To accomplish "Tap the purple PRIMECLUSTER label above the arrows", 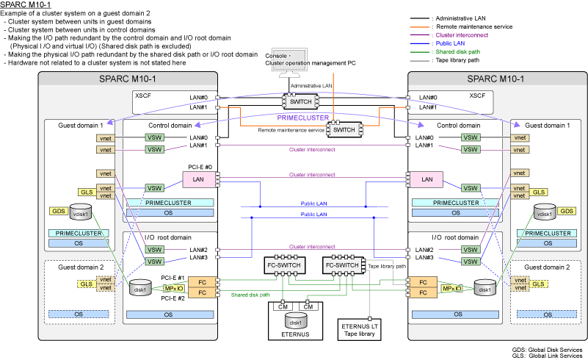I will coord(301,117).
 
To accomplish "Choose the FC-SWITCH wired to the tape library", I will coord(341,264).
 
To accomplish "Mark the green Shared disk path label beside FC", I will coord(250,295).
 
